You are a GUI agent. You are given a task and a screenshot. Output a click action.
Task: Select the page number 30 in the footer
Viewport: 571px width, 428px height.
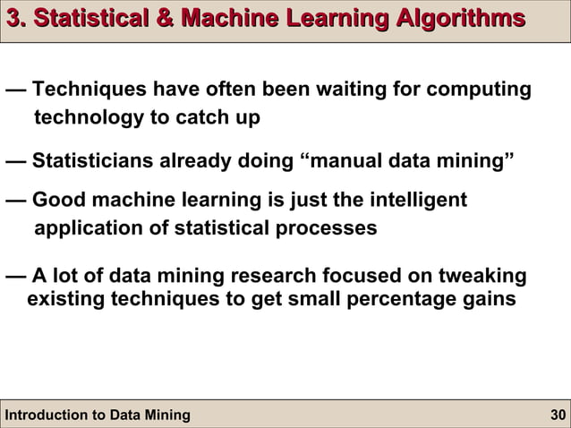[556, 415]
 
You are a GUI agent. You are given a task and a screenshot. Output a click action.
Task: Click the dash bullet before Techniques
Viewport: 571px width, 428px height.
[14, 90]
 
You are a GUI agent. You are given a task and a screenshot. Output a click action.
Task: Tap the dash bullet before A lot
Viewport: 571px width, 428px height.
[14, 275]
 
